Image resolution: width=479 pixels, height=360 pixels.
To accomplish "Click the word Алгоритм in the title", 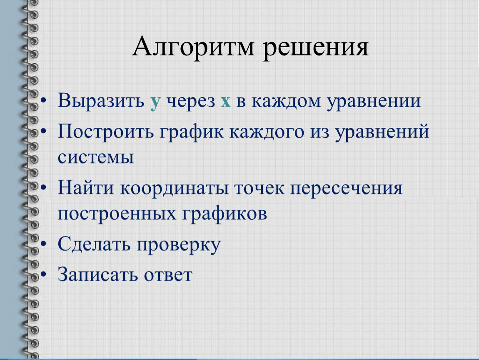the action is (193, 46).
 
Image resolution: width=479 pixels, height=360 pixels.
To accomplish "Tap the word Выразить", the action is (101, 100).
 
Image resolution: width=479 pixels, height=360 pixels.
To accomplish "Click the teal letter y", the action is (155, 103).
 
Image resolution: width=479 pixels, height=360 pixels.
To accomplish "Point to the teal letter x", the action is (225, 102).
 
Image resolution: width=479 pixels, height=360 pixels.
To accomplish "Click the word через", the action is (191, 102).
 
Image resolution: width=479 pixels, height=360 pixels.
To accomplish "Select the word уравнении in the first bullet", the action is (374, 102).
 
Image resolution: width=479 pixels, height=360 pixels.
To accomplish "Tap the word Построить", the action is (106, 131).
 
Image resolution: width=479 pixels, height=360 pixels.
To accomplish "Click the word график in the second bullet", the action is (192, 132).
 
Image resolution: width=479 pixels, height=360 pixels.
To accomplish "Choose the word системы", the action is (96, 157).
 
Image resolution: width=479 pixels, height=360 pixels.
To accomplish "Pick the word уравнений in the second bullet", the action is (382, 132).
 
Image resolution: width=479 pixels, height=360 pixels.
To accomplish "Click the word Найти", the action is (86, 187).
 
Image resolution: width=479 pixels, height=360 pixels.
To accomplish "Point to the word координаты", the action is (175, 189).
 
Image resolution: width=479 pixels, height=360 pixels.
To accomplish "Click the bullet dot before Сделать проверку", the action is (44, 244).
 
